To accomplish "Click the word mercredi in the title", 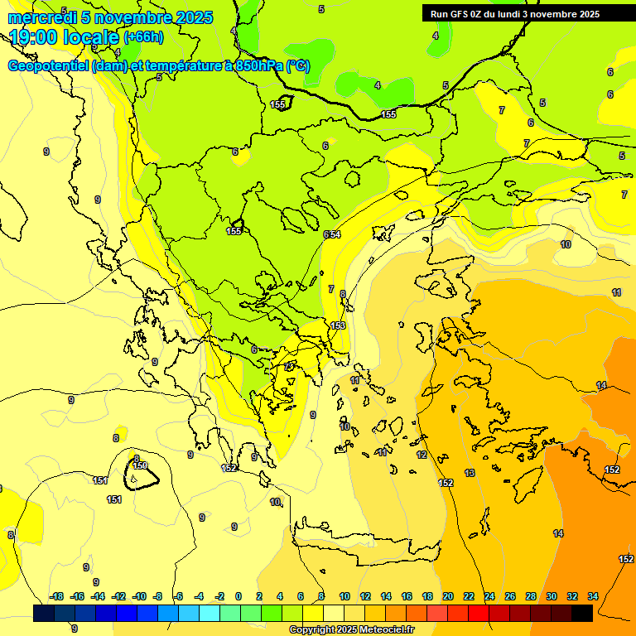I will [x=41, y=17].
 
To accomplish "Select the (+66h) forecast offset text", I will [x=143, y=37].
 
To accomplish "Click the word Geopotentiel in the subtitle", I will [x=48, y=66].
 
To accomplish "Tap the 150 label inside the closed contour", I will [x=141, y=466].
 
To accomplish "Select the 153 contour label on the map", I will [x=338, y=325].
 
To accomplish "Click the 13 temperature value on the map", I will [x=470, y=473].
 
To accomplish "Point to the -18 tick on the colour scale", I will [x=56, y=596].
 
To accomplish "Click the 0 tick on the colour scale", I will [x=238, y=596].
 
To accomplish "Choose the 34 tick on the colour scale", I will [x=593, y=596].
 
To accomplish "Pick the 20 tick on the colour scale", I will [x=447, y=596].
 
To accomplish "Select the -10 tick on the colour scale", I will [x=139, y=596].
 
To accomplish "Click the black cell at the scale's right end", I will [x=582, y=613].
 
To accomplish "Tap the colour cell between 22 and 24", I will [x=479, y=613].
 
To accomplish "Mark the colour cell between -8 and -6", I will [x=168, y=613].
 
